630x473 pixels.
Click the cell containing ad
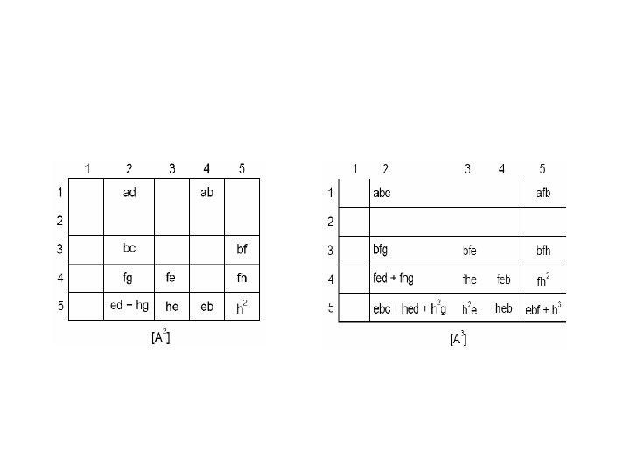point(129,192)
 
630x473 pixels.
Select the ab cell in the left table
point(206,192)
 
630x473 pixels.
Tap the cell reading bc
point(129,249)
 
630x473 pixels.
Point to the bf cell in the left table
point(242,249)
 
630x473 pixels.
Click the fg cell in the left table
point(129,278)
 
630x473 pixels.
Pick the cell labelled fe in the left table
point(171,278)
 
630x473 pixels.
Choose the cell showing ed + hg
point(129,306)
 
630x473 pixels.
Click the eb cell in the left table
point(206,307)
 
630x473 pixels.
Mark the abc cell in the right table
point(382,194)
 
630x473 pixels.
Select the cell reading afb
point(543,194)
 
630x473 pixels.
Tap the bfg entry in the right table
point(381,250)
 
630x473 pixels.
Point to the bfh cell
point(543,251)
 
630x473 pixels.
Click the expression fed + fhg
point(393,279)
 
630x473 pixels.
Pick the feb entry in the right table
point(504,279)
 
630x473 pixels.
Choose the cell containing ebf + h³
point(543,308)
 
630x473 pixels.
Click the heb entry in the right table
point(503,308)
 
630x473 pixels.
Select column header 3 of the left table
point(171,168)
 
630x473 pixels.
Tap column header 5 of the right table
point(542,168)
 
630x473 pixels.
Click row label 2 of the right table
point(330,222)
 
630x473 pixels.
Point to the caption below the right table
point(458,338)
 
